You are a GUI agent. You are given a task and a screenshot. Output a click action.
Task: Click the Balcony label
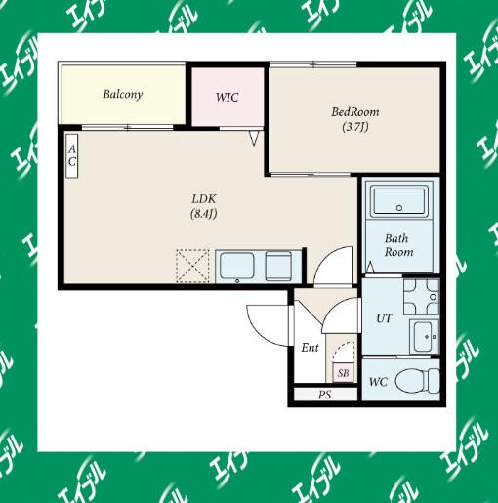coord(123,94)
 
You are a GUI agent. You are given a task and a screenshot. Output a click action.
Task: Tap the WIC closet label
coord(228,97)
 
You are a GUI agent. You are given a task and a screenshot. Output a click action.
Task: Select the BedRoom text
coord(355,112)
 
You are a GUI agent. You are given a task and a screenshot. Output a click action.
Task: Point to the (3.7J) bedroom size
coord(355,127)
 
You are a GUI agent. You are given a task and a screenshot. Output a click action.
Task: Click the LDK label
coord(204,198)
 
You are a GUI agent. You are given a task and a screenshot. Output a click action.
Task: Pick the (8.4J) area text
coord(204,214)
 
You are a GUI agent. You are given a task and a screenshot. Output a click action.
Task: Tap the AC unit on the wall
coord(72,156)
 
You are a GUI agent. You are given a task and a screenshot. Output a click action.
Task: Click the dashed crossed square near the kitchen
coord(192,266)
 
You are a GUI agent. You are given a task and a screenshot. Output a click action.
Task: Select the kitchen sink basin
coord(237,266)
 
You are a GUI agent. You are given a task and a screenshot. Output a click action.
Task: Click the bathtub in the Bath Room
coord(399,200)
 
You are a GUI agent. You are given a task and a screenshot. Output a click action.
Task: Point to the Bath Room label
coord(398,245)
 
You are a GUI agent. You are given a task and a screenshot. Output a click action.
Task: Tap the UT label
coord(384,318)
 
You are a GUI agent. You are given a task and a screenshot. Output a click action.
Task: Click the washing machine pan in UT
coord(421,297)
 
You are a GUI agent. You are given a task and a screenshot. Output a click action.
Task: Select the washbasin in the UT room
coord(424,337)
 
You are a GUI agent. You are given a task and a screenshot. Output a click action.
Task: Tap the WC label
coord(378,381)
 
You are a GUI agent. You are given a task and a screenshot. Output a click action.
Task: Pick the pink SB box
coord(343,372)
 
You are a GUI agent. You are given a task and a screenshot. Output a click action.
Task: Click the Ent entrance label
coord(310,348)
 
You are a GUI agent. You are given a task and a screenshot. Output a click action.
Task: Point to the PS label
coord(324,395)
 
